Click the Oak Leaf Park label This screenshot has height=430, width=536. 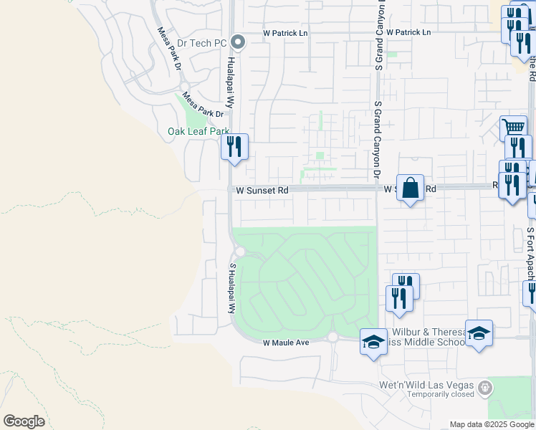[x=198, y=131]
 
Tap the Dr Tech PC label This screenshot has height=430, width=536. [x=201, y=43]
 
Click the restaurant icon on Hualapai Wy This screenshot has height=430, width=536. [x=234, y=148]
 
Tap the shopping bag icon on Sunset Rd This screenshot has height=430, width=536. [x=410, y=188]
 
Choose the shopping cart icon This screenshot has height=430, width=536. [x=513, y=129]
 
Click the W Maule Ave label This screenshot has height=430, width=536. [x=285, y=343]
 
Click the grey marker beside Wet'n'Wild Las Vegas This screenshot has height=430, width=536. [x=485, y=388]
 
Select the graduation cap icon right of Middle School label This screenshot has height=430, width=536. [x=479, y=334]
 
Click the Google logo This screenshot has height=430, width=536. [x=24, y=421]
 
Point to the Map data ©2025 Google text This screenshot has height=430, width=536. [x=492, y=424]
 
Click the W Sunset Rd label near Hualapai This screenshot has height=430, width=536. [x=261, y=191]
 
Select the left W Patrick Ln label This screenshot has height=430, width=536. [x=286, y=33]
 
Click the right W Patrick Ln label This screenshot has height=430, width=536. [x=408, y=33]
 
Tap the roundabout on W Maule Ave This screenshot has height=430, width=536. [x=332, y=337]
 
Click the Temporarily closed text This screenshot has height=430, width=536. [x=441, y=394]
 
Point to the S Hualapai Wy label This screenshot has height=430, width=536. [x=231, y=288]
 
